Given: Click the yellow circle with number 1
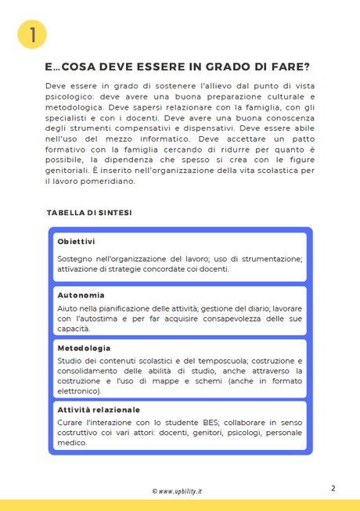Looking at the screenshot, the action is tap(32, 34).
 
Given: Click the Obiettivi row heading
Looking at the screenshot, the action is tap(76, 241).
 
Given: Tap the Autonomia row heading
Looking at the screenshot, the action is tap(81, 295).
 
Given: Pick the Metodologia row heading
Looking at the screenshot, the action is tap(84, 347).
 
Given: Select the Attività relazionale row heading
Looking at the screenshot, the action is tap(99, 409).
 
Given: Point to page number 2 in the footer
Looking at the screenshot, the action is tap(333, 488).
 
